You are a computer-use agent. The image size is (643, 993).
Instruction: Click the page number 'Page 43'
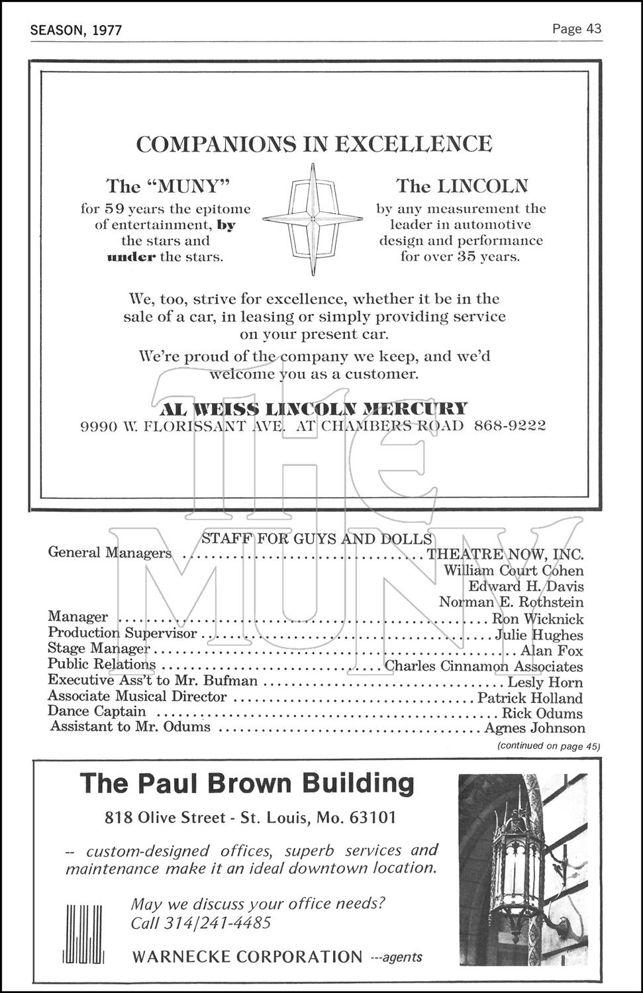pyautogui.click(x=576, y=28)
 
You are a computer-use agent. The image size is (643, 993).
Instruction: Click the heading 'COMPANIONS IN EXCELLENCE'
pyautogui.click(x=314, y=144)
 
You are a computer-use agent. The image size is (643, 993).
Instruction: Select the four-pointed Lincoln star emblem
pyautogui.click(x=313, y=218)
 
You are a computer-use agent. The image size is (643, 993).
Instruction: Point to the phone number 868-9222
pyautogui.click(x=510, y=425)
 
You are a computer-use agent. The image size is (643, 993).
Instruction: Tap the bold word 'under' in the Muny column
pyautogui.click(x=130, y=257)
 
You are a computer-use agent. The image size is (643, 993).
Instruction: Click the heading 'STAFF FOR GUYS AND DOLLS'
pyautogui.click(x=317, y=539)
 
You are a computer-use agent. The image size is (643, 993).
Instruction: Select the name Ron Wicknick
pyautogui.click(x=537, y=619)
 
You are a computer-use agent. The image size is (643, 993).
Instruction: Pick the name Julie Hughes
pyautogui.click(x=539, y=635)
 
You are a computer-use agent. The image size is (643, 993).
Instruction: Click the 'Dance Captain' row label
pyautogui.click(x=97, y=712)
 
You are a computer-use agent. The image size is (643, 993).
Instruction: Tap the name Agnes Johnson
pyautogui.click(x=534, y=728)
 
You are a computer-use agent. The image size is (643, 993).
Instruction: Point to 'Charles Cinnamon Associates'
pyautogui.click(x=483, y=667)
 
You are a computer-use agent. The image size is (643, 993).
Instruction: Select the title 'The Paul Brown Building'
pyautogui.click(x=247, y=783)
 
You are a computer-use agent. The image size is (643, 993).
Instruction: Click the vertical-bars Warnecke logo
pyautogui.click(x=84, y=933)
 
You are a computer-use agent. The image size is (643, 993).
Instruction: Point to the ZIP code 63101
pyautogui.click(x=372, y=818)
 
